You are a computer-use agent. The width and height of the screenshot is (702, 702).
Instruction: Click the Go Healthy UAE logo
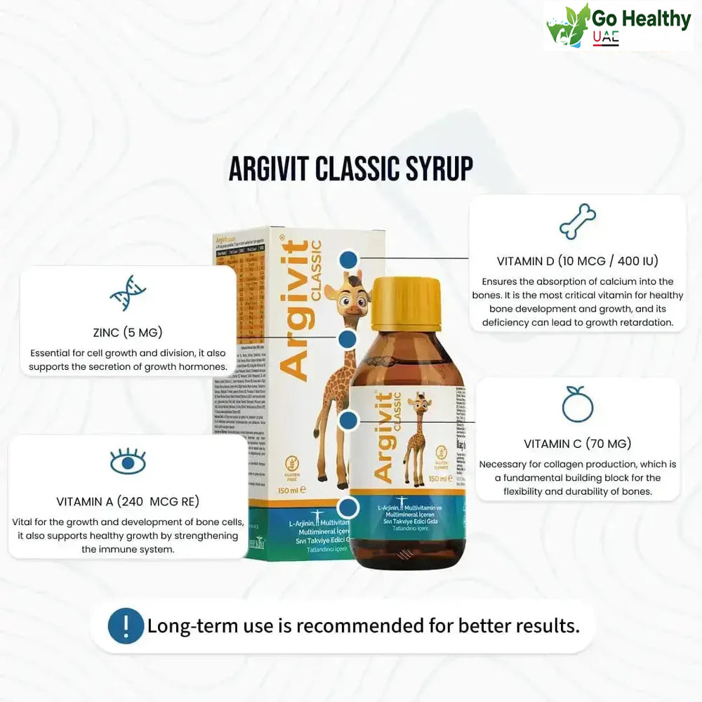[x=618, y=26]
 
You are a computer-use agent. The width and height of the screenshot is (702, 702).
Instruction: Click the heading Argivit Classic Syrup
[x=351, y=168]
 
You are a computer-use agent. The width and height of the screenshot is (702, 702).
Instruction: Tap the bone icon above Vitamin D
[x=577, y=222]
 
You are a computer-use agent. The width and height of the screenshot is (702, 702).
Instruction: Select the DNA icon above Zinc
[x=127, y=293]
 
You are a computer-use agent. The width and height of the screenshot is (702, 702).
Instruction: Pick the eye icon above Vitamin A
[x=128, y=462]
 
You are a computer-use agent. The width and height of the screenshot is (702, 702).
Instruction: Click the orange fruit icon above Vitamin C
[x=577, y=404]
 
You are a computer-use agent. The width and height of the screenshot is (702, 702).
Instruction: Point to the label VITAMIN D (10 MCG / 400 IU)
[x=577, y=261]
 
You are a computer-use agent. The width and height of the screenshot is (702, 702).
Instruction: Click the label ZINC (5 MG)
[x=128, y=332]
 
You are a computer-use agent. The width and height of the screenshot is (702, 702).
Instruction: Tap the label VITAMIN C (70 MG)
[x=577, y=444]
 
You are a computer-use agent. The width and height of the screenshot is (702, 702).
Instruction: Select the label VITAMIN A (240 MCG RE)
[x=128, y=501]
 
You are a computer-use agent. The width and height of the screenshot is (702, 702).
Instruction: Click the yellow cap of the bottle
[x=406, y=303]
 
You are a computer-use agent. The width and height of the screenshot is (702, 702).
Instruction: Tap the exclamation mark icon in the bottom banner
[x=126, y=625]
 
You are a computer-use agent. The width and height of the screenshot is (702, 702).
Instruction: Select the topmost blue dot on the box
[x=347, y=260]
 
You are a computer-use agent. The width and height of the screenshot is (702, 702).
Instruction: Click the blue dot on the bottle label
[x=348, y=421]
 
